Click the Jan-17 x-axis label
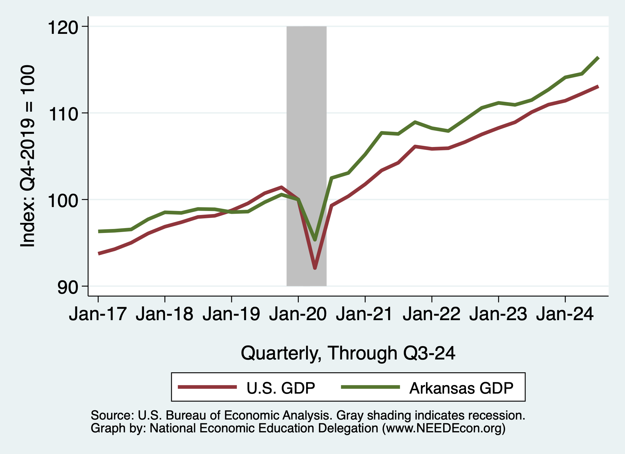(x=98, y=314)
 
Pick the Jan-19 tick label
(x=231, y=314)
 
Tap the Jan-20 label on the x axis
(x=298, y=314)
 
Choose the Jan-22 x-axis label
(x=432, y=314)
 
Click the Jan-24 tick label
(x=565, y=314)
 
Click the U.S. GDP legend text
(x=281, y=388)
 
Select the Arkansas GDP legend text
(x=461, y=388)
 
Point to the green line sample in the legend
(x=370, y=387)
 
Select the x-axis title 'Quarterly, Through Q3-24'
(x=348, y=353)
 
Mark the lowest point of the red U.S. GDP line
(x=315, y=268)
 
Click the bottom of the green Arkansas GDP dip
(x=315, y=240)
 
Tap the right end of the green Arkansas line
(x=598, y=58)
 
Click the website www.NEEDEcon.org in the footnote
(x=444, y=428)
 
